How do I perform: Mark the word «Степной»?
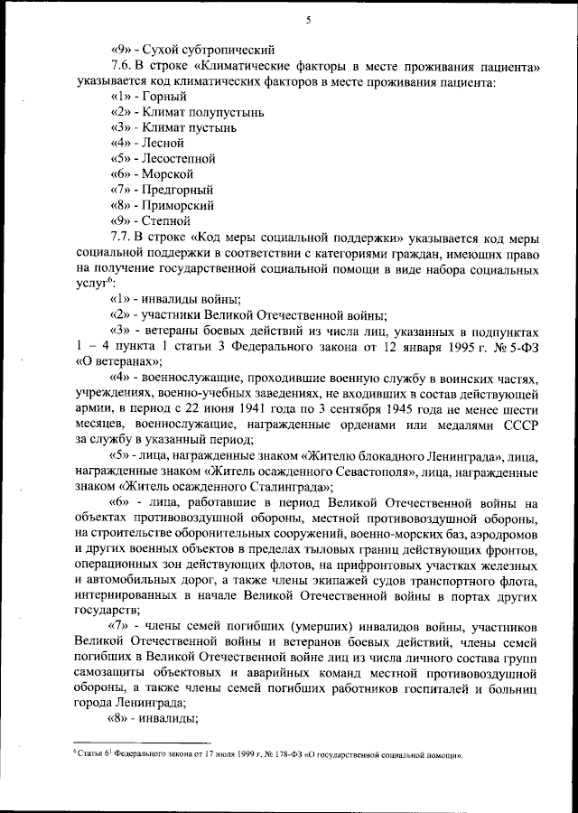tap(166, 220)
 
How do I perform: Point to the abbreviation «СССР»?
tap(522, 423)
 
